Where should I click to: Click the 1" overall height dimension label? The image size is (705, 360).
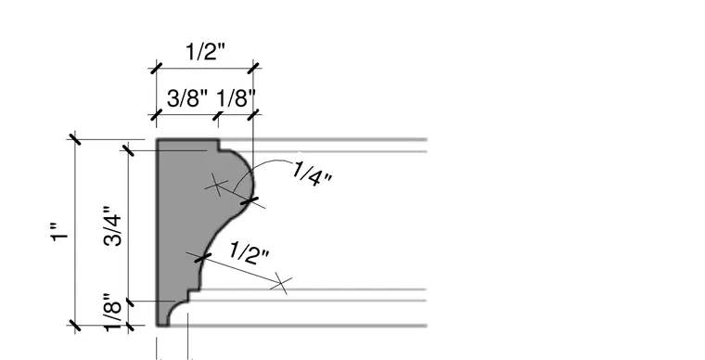tap(58, 231)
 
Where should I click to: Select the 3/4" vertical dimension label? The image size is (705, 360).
tap(113, 226)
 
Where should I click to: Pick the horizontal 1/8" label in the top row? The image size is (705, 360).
tap(236, 98)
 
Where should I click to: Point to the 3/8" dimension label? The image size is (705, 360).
tap(187, 98)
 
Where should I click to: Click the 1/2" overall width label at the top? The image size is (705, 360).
tap(205, 52)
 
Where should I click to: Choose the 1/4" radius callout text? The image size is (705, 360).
tap(312, 174)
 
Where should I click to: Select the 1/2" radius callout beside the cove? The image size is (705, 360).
tap(250, 253)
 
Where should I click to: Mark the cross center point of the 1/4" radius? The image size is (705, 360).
tap(217, 186)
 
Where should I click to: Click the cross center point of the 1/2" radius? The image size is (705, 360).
tap(281, 284)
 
